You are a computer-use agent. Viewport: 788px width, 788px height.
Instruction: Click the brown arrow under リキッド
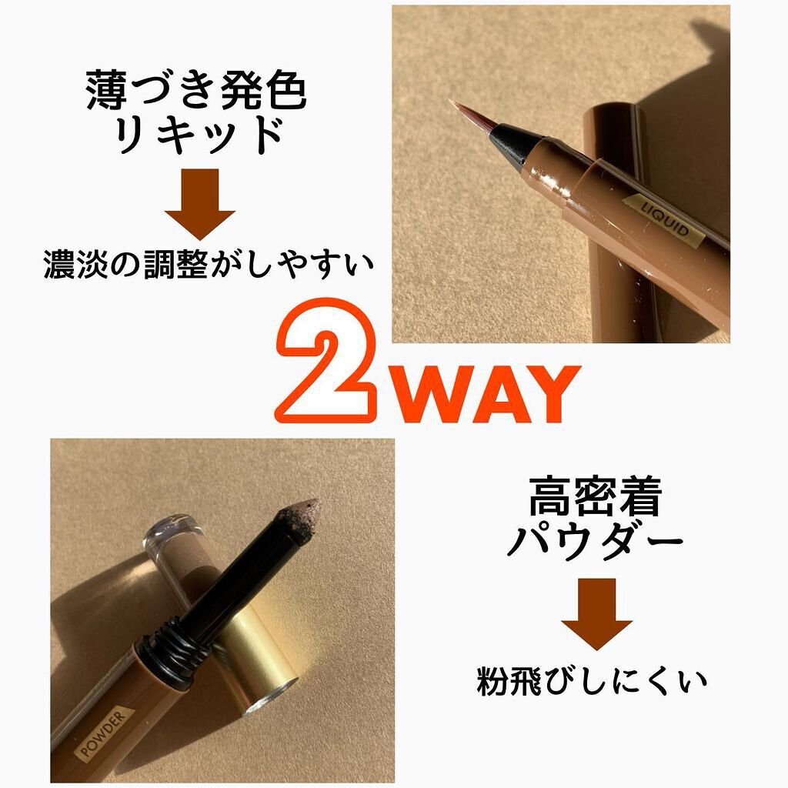tap(199, 204)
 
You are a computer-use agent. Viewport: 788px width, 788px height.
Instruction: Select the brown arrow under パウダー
tap(596, 614)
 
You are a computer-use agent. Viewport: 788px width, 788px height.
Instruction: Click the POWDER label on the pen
tap(104, 731)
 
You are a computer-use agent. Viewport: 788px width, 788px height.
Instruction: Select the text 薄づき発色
tap(196, 91)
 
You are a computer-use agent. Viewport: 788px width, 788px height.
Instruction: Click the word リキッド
tap(198, 135)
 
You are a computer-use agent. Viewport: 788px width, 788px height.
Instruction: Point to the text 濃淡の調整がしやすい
tap(209, 264)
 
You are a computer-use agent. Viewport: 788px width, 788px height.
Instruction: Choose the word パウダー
tap(595, 541)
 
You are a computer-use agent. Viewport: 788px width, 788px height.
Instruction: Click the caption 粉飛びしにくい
tap(592, 681)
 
